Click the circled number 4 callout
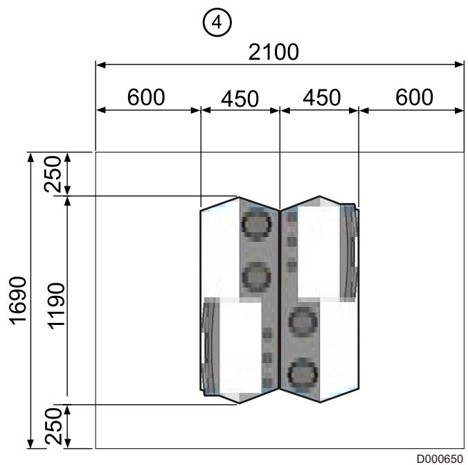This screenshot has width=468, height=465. point(217,22)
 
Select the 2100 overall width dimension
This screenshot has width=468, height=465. point(273,52)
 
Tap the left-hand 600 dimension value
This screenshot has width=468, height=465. point(146,97)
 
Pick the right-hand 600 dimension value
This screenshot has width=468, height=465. point(414,97)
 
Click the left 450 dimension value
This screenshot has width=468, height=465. point(240,98)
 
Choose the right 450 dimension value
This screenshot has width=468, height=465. point(322,98)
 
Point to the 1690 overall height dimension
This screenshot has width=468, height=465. point(18,301)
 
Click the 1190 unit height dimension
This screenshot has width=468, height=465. point(57,306)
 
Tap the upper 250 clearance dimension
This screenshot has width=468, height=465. point(53,174)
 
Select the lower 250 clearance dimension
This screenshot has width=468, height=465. point(53,427)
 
